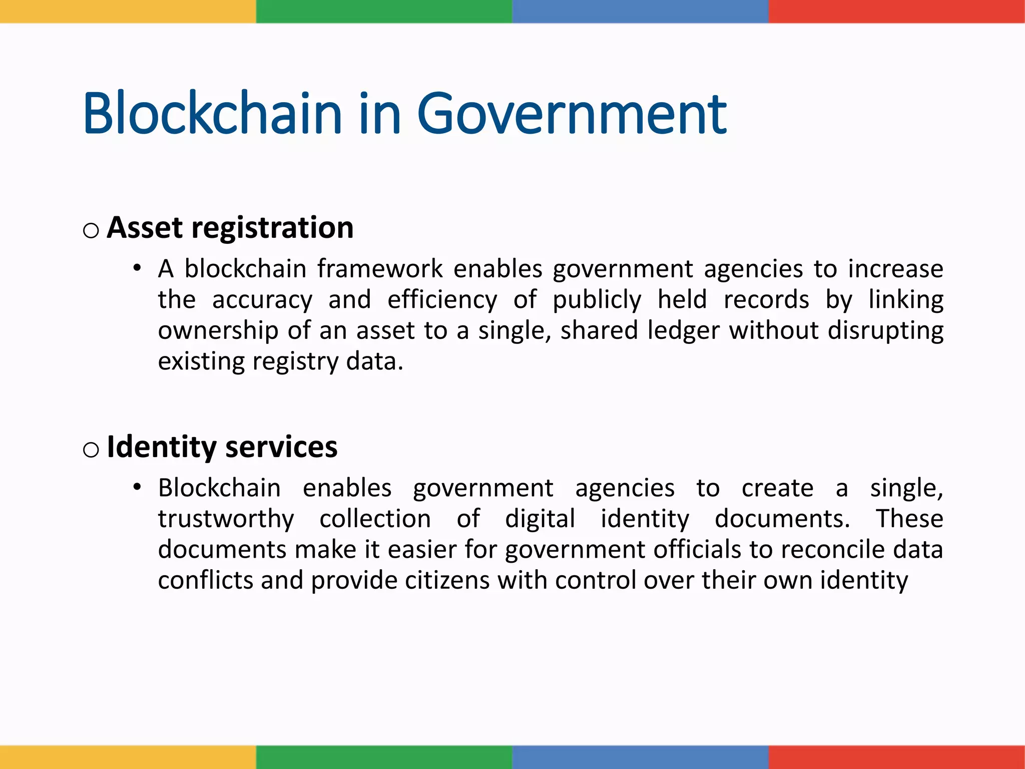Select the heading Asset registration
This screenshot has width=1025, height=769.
230,228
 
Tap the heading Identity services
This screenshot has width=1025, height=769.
222,447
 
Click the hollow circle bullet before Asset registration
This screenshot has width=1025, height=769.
91,231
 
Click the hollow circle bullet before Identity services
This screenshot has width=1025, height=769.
91,450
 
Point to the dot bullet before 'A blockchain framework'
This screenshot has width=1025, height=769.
137,268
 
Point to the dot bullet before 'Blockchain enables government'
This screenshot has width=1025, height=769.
137,487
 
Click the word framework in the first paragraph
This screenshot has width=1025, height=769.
380,269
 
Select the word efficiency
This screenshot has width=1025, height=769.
442,300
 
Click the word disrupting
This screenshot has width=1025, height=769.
885,331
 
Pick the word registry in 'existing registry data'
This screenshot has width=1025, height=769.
295,362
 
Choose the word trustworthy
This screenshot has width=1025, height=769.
226,519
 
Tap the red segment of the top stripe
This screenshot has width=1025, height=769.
896,11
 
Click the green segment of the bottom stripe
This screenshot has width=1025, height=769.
384,757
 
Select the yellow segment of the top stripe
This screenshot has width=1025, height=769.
128,11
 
